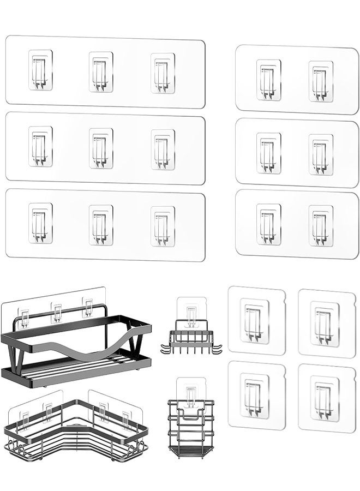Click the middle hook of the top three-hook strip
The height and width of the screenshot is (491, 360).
point(101,71)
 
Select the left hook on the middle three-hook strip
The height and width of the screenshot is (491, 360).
point(40,146)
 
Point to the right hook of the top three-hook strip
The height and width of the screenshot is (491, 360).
point(163,73)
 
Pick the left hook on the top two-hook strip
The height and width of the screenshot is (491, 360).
point(268,80)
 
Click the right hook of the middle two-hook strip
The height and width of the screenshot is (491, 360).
point(321,154)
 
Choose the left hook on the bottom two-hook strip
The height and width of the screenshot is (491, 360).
point(268,224)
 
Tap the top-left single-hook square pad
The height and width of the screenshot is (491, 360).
point(256,320)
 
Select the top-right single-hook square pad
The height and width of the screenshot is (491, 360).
point(326,324)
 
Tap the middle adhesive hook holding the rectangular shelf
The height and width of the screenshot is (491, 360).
point(57,311)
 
